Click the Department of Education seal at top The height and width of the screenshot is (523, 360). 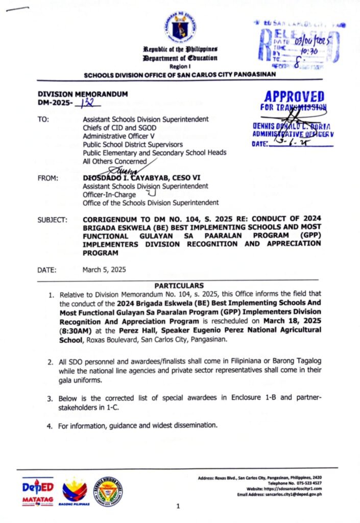point(180,29)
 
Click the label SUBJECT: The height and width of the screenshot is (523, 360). point(53,220)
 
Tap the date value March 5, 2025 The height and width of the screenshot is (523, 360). point(104,269)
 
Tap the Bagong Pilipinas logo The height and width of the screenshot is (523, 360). point(75,491)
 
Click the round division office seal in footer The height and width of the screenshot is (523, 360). point(108,490)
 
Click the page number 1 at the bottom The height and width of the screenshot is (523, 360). point(178,506)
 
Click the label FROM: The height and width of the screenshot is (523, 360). point(48,178)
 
